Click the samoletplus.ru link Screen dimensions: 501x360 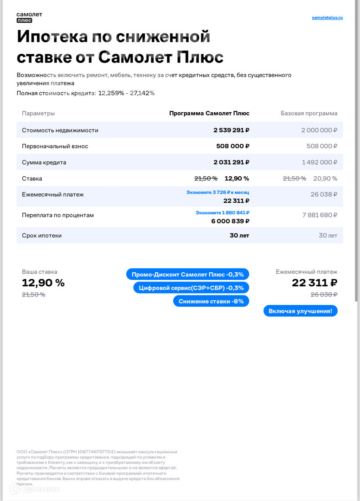pyautogui.click(x=327, y=18)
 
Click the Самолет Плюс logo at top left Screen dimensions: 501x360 pyautogui.click(x=29, y=17)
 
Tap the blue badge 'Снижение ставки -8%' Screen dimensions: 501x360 pyautogui.click(x=211, y=301)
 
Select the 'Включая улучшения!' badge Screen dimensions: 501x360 pyautogui.click(x=300, y=311)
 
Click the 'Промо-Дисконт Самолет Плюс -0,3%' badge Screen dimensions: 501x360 pyautogui.click(x=187, y=274)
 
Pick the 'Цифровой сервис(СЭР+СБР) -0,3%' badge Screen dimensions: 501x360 pyautogui.click(x=191, y=288)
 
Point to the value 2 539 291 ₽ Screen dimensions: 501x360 pyautogui.click(x=231, y=130)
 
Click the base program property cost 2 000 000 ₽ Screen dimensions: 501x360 pyautogui.click(x=319, y=130)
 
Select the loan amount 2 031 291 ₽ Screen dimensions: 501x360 pyautogui.click(x=231, y=162)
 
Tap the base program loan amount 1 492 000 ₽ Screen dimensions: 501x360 pyautogui.click(x=319, y=162)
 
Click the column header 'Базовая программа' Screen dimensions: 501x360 pyautogui.click(x=309, y=113)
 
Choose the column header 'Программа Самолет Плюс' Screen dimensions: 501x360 pyautogui.click(x=209, y=113)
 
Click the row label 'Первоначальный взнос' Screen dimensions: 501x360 pyautogui.click(x=55, y=146)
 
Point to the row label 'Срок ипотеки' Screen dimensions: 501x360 pyautogui.click(x=42, y=235)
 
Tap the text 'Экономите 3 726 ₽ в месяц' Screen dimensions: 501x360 pyautogui.click(x=218, y=192)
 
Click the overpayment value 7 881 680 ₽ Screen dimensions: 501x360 pyautogui.click(x=320, y=215)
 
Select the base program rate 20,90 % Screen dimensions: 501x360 pyautogui.click(x=325, y=179)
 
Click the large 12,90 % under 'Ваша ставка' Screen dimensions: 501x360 pyautogui.click(x=43, y=283)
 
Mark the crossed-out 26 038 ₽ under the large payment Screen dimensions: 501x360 pyautogui.click(x=323, y=295)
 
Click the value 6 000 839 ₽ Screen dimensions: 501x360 pyautogui.click(x=230, y=221)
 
